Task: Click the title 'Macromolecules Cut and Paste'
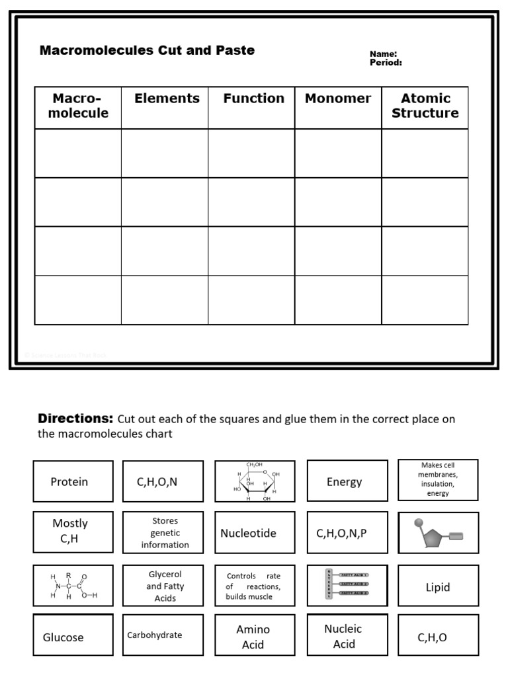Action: (147, 51)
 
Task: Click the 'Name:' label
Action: (383, 54)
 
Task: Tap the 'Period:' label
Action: (386, 63)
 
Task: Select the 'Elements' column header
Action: (167, 99)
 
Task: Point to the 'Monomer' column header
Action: (338, 99)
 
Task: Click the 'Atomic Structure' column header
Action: (425, 106)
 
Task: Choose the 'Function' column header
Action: (253, 99)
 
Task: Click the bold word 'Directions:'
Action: (75, 418)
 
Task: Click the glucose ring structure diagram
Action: (255, 481)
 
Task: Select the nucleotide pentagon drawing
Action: (438, 533)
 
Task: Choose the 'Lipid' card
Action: (438, 586)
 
